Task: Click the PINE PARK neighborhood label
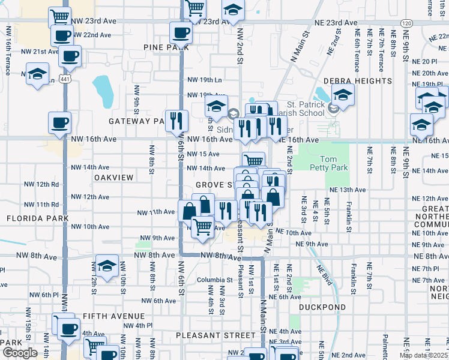point(162,46)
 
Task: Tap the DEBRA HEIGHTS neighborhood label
point(357,80)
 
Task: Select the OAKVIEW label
point(113,178)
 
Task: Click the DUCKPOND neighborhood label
point(322,307)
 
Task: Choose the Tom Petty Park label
point(323,163)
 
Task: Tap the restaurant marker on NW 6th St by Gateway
point(176,120)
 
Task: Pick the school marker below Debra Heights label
point(343,94)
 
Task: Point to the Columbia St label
point(215,280)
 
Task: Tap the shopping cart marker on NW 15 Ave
point(254,160)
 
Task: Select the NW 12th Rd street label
point(41,184)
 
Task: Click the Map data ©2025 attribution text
point(424,355)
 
